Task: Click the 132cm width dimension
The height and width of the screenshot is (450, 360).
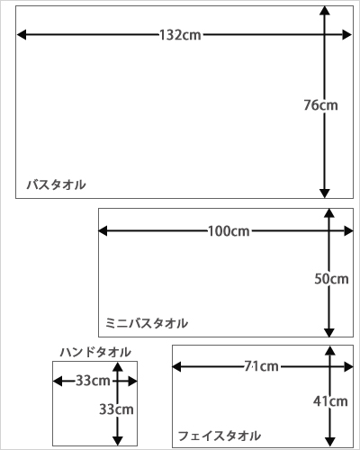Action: pyautogui.click(x=180, y=35)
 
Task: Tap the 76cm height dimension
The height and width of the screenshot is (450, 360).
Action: pyautogui.click(x=320, y=105)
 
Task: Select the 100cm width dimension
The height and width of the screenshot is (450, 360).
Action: pyautogui.click(x=229, y=231)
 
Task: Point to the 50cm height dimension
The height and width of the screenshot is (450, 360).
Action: pyautogui.click(x=331, y=279)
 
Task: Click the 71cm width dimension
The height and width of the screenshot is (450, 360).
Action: pyautogui.click(x=261, y=366)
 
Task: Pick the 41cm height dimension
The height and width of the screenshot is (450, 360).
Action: pyautogui.click(x=330, y=401)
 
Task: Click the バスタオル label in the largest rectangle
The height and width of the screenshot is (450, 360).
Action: pyautogui.click(x=57, y=184)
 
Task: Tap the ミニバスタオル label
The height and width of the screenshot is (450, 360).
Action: pyautogui.click(x=147, y=323)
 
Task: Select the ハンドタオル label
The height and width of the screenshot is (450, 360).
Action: pyautogui.click(x=95, y=352)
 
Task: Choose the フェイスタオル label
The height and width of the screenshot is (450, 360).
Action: pyautogui.click(x=220, y=436)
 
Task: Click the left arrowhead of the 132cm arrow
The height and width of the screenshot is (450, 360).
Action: pyautogui.click(x=22, y=35)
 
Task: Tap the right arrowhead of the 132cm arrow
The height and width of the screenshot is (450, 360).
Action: pyautogui.click(x=346, y=35)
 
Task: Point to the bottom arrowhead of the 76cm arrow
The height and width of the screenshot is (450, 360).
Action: pyautogui.click(x=325, y=193)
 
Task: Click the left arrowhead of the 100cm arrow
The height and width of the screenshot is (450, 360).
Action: pyautogui.click(x=103, y=231)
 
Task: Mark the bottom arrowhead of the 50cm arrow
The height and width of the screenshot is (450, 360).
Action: pyautogui.click(x=329, y=332)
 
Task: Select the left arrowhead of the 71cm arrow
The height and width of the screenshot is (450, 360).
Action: pyautogui.click(x=176, y=366)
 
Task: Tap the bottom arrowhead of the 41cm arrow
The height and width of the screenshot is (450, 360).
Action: pyautogui.click(x=330, y=442)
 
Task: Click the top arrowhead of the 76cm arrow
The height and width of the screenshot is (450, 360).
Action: pyautogui.click(x=325, y=11)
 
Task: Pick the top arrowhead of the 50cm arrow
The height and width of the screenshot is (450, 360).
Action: pyautogui.click(x=329, y=213)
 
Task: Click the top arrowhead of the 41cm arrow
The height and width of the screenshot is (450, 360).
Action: pyautogui.click(x=330, y=350)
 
